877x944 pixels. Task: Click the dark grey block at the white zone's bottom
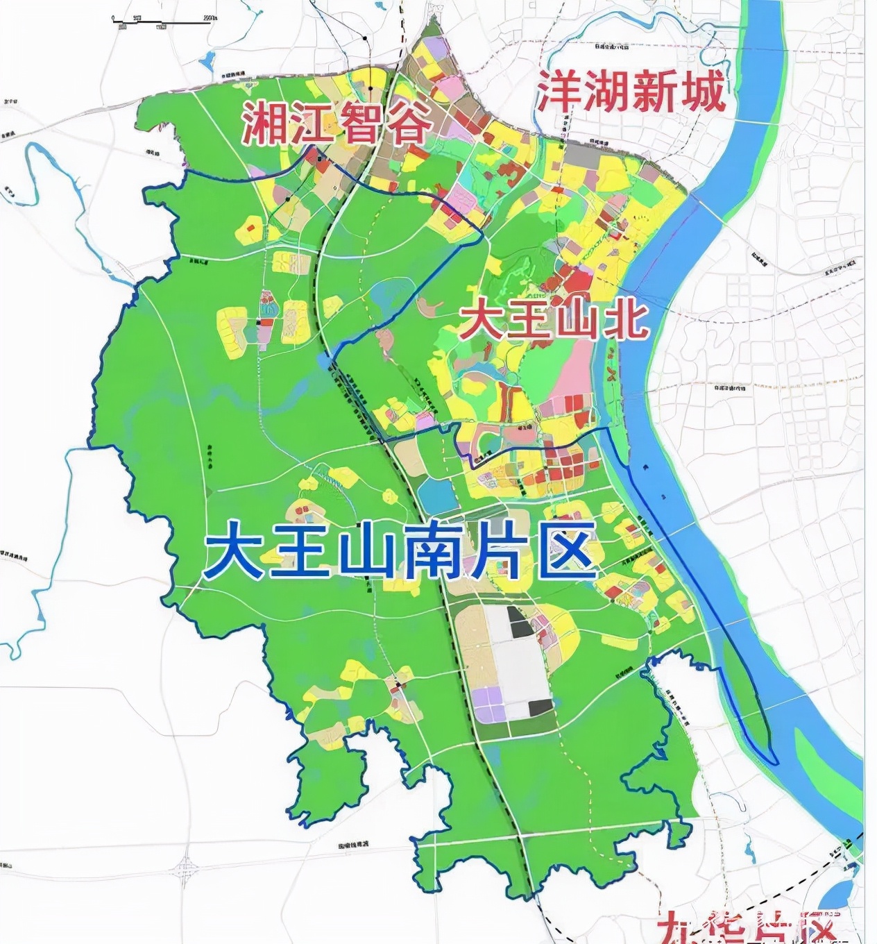pos(540,708)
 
